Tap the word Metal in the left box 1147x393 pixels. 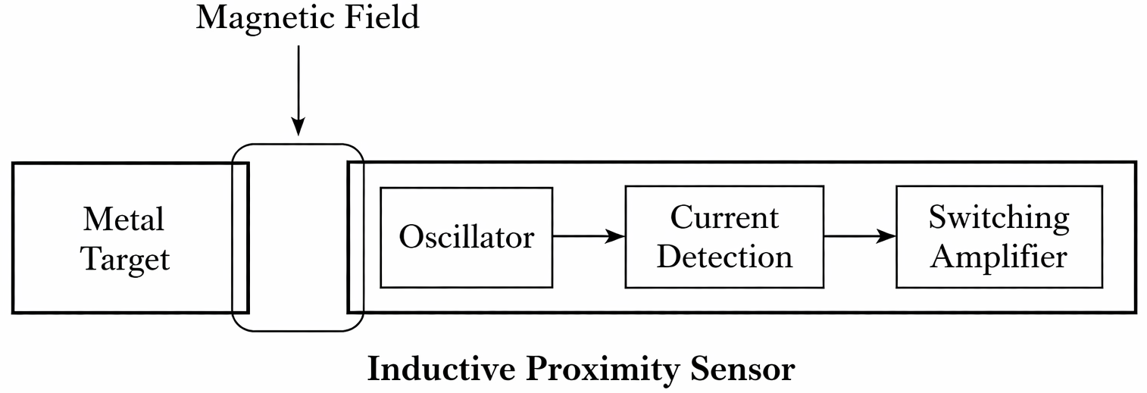click(123, 220)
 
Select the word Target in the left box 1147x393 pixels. click(125, 260)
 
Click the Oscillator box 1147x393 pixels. click(466, 238)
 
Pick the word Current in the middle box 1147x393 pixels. click(724, 218)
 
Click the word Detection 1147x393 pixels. click(724, 257)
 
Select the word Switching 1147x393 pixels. click(999, 218)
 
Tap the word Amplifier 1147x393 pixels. click(999, 257)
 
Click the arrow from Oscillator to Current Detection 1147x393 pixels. click(588, 236)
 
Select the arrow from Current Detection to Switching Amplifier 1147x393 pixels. click(859, 236)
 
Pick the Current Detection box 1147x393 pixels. click(724, 277)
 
